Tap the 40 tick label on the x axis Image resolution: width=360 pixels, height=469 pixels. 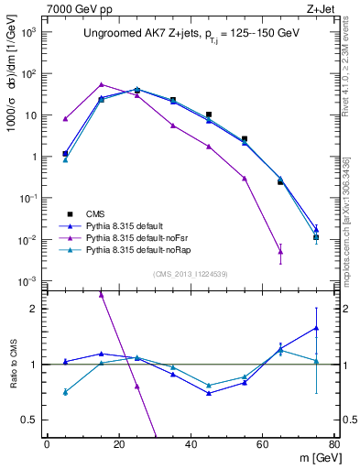[190, 443]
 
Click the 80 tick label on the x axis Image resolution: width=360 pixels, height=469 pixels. [333, 443]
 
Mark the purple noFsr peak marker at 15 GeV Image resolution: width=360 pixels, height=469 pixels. [101, 84]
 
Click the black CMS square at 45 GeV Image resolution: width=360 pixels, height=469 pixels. [209, 115]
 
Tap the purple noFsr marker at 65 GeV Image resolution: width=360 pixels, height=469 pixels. [280, 252]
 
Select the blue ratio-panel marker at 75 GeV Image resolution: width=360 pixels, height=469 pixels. [316, 328]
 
